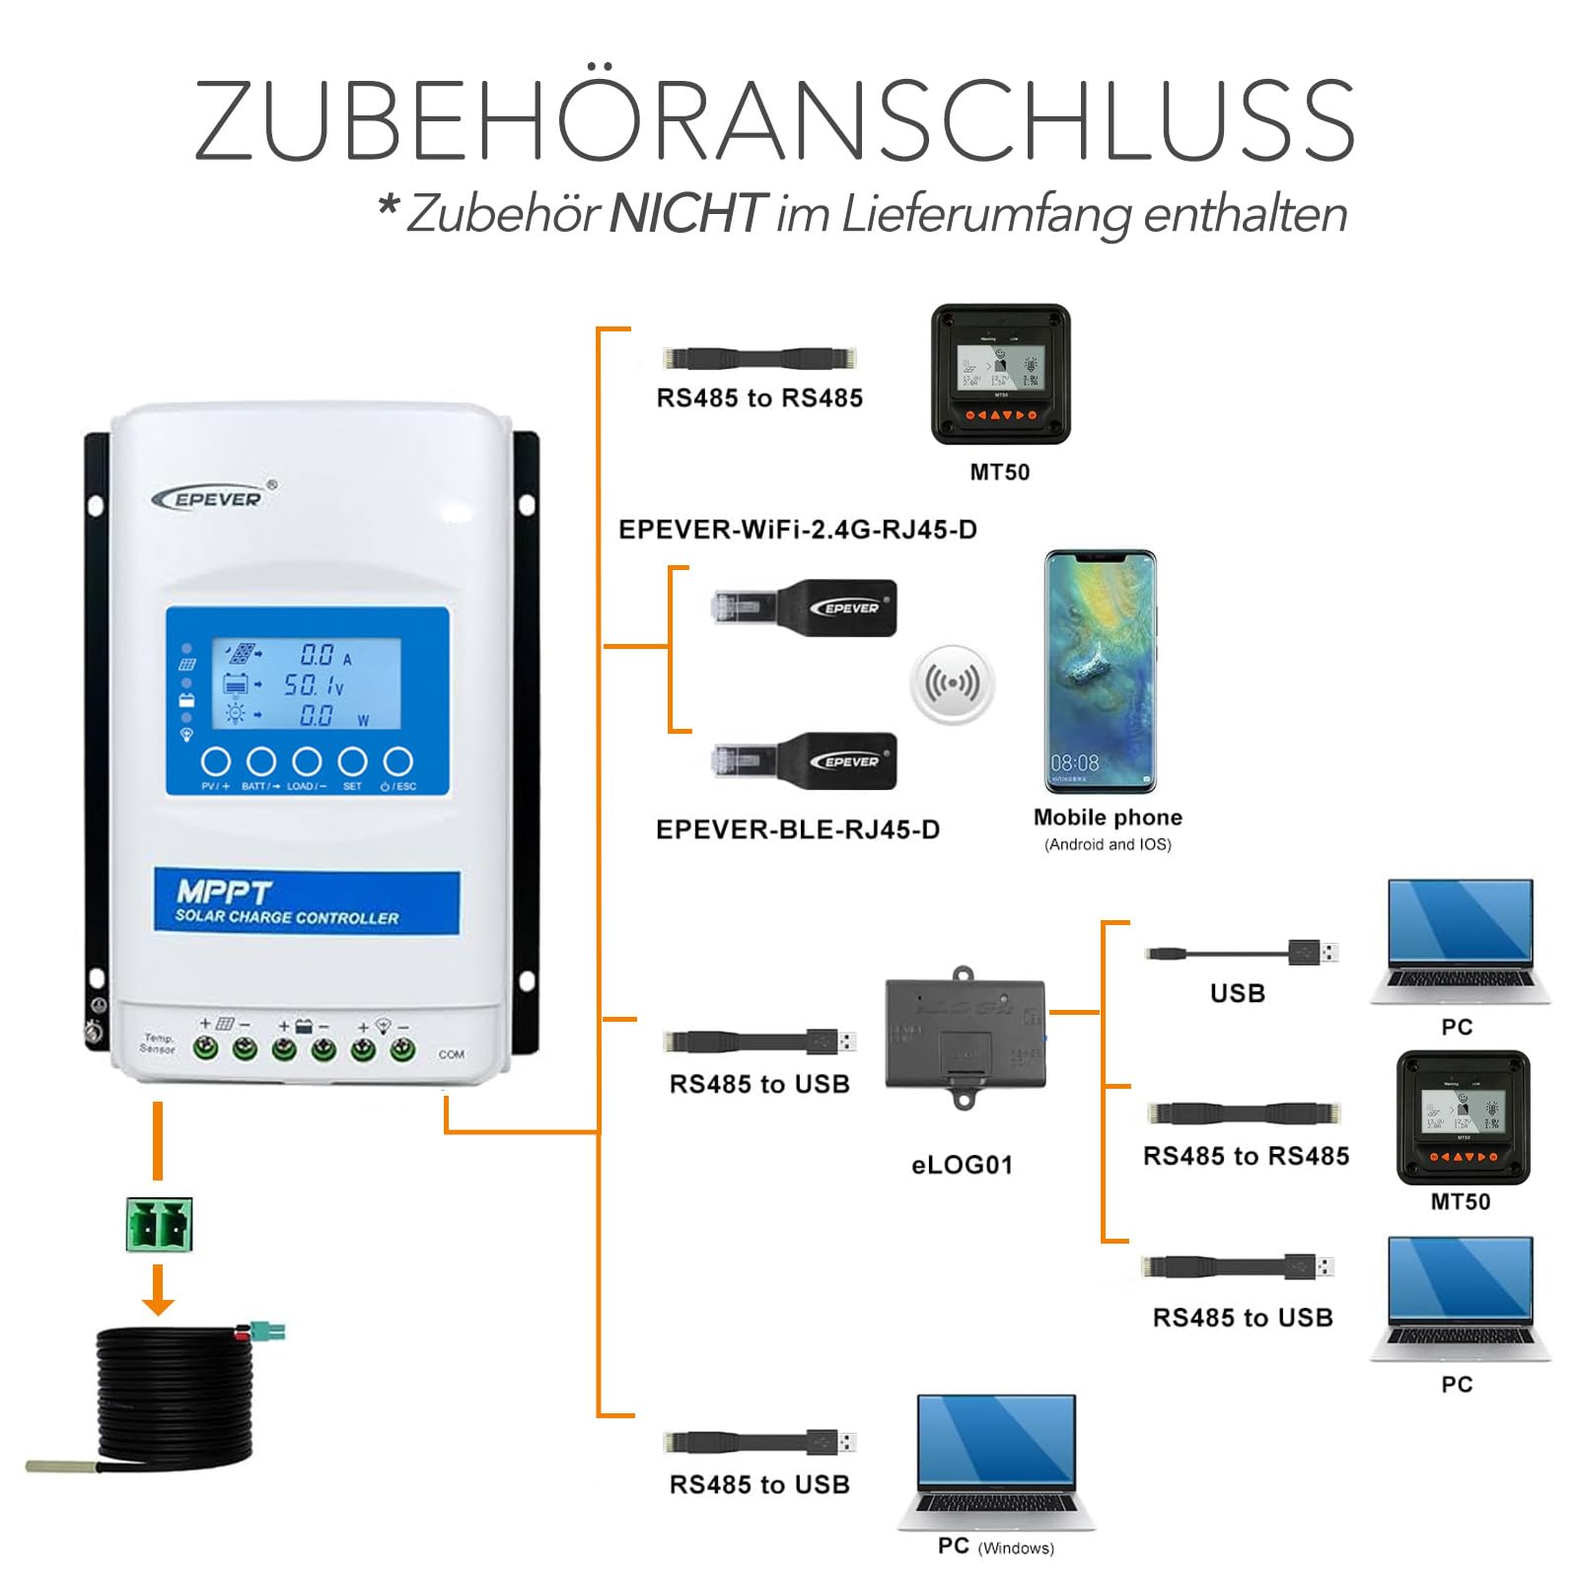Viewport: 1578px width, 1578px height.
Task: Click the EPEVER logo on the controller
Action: pyautogui.click(x=215, y=498)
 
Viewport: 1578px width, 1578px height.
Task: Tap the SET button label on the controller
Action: pyautogui.click(x=352, y=786)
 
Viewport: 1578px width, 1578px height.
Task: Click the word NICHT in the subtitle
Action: pyautogui.click(x=687, y=213)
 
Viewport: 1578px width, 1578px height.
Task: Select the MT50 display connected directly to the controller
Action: pyautogui.click(x=1000, y=375)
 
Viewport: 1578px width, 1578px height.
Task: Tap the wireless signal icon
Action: pyautogui.click(x=952, y=683)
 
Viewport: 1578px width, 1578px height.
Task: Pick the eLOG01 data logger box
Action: pyautogui.click(x=964, y=1036)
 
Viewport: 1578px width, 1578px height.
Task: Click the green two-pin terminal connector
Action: pyautogui.click(x=159, y=1225)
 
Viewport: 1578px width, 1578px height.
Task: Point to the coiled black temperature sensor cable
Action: pyautogui.click(x=176, y=1396)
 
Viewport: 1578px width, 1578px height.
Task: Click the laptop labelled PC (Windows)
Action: pyautogui.click(x=996, y=1460)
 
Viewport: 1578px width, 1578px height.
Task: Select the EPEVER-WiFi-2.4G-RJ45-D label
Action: pyautogui.click(x=797, y=530)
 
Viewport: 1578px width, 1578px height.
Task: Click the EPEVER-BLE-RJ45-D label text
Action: pyautogui.click(x=797, y=829)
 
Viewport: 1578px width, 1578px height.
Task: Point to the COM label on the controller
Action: pyautogui.click(x=451, y=1054)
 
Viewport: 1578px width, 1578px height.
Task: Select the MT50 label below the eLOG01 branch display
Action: pyautogui.click(x=1460, y=1201)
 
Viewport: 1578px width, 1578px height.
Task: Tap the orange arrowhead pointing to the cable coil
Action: pyautogui.click(x=158, y=1306)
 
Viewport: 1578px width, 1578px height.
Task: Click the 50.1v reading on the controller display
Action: pyautogui.click(x=314, y=684)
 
